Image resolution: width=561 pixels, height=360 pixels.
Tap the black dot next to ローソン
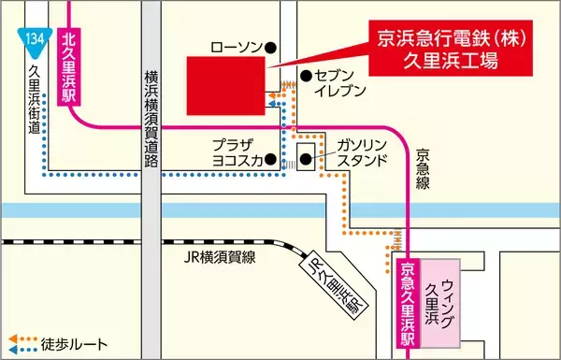(269, 47)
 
